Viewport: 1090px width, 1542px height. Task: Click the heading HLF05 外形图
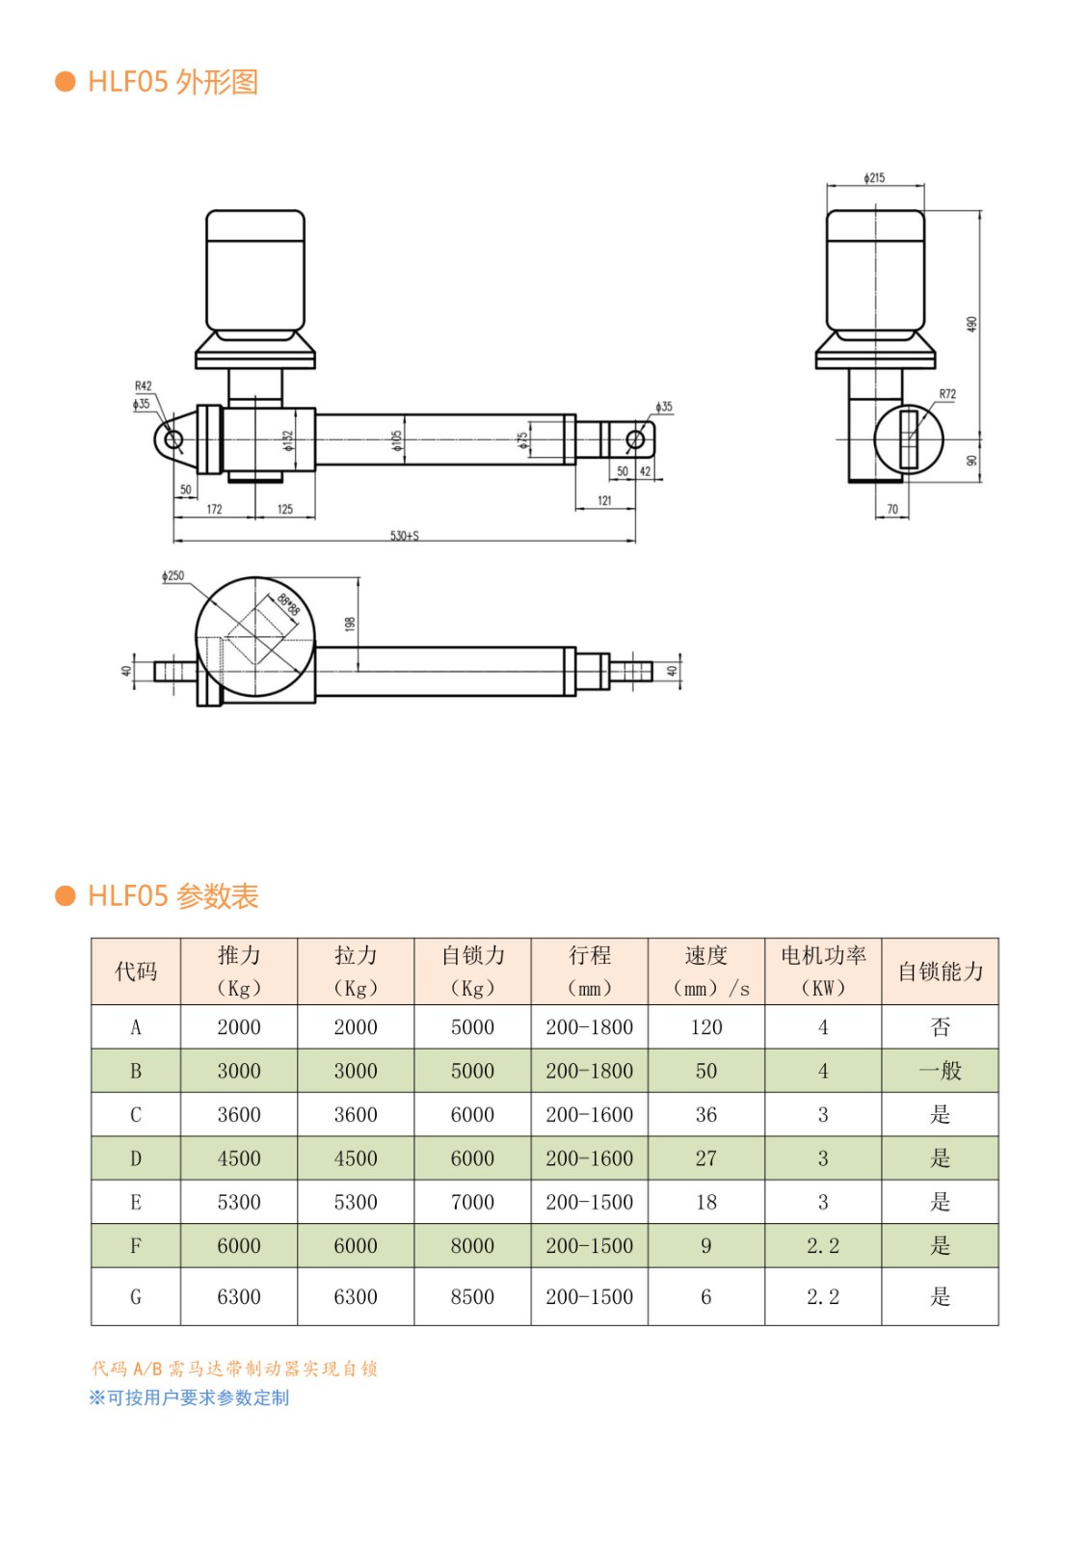pos(173,82)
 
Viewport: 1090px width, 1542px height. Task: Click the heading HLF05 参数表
pos(173,896)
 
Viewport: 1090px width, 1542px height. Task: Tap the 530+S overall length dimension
pos(405,535)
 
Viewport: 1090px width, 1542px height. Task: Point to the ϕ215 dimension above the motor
pos(874,178)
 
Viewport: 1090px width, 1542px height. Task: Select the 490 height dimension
pos(971,324)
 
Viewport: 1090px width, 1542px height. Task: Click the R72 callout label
pos(947,394)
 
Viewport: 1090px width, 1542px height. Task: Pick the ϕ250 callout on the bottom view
pos(173,575)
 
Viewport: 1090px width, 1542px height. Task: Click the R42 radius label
pos(143,386)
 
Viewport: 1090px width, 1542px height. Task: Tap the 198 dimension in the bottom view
pos(350,624)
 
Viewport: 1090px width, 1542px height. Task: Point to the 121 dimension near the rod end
pos(604,500)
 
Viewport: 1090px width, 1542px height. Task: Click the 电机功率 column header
pos(823,970)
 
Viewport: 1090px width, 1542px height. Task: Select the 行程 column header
pos(589,970)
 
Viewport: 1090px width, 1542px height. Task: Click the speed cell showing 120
pos(706,1027)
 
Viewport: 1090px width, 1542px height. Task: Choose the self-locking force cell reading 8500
pos(472,1297)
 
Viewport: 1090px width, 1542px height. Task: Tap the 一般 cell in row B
pos(940,1071)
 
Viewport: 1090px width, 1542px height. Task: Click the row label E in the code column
pos(136,1202)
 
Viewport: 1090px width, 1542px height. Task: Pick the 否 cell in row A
pos(940,1027)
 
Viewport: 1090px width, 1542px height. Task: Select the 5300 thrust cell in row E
pos(239,1202)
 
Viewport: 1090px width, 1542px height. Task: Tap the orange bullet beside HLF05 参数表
pos(66,896)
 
